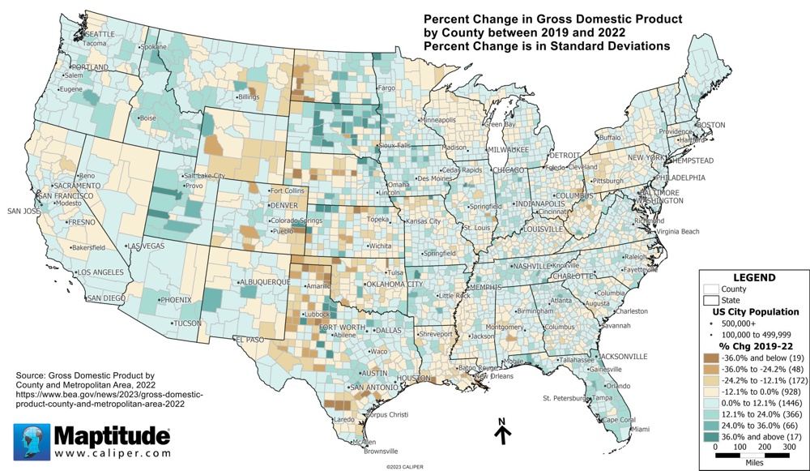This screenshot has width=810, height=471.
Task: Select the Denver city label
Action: (x=283, y=206)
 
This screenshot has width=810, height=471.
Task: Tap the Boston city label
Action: (x=710, y=125)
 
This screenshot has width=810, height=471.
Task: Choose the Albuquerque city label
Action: (x=263, y=282)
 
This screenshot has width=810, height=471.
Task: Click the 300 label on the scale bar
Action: (x=789, y=447)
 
